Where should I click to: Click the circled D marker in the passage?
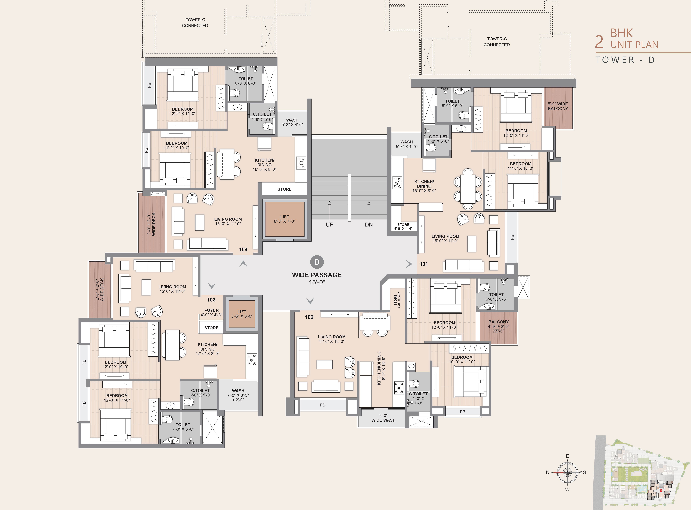pos(317,262)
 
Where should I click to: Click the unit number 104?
pos(243,249)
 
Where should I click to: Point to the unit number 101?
pos(424,264)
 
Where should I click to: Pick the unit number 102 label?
pos(309,317)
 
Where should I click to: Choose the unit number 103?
pos(211,300)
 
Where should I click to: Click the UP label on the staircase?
pos(329,225)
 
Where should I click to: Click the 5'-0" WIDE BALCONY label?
pos(558,106)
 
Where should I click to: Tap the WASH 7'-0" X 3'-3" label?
pos(238,395)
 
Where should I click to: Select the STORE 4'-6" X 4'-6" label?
pos(403,227)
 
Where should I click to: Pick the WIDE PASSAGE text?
pos(317,275)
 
